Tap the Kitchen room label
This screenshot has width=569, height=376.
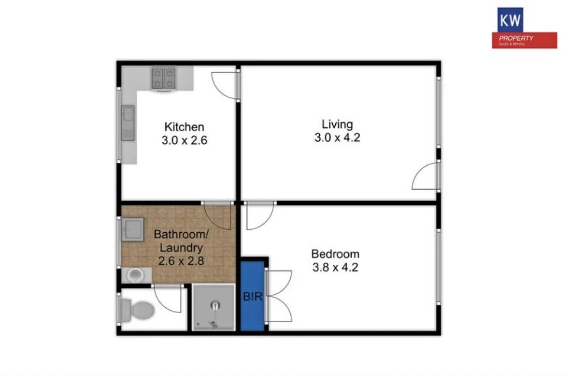click(x=184, y=127)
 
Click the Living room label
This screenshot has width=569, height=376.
click(x=337, y=124)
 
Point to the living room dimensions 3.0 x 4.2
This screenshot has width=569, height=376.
click(x=337, y=137)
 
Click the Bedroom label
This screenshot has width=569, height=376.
click(x=335, y=254)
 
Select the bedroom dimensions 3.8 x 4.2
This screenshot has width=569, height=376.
click(x=335, y=267)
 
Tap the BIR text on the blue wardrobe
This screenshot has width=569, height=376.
click(x=253, y=296)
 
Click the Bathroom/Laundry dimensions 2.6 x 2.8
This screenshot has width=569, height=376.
click(x=181, y=261)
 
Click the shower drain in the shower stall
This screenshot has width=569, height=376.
click(x=214, y=305)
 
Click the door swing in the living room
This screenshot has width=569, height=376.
click(x=425, y=177)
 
